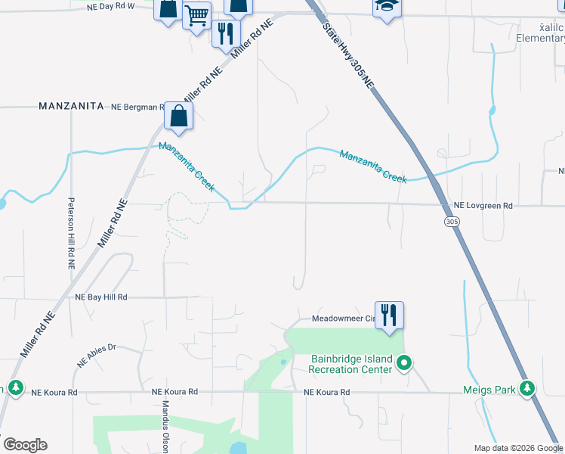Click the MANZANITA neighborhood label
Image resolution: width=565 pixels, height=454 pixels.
pos(71,107)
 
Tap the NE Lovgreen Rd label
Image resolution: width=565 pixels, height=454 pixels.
pos(483,206)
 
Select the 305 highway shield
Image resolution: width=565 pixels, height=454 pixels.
pos(452,222)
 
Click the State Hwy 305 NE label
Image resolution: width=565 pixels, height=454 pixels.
pos(348,57)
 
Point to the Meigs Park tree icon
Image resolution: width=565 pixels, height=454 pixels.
pos(527,389)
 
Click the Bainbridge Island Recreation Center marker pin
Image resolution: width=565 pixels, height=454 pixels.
pos(404,364)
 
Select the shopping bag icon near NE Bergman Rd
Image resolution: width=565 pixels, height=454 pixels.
pos(178,116)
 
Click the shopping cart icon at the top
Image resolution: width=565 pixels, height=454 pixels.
pos(197,14)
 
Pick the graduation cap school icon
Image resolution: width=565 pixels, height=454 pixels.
pos(386,6)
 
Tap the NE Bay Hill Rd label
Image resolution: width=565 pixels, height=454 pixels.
pos(101,298)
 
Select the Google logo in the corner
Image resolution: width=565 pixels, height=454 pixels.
pos(25,445)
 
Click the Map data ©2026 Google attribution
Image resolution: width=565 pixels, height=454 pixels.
pos(517,448)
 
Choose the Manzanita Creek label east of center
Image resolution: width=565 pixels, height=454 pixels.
pos(373,166)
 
